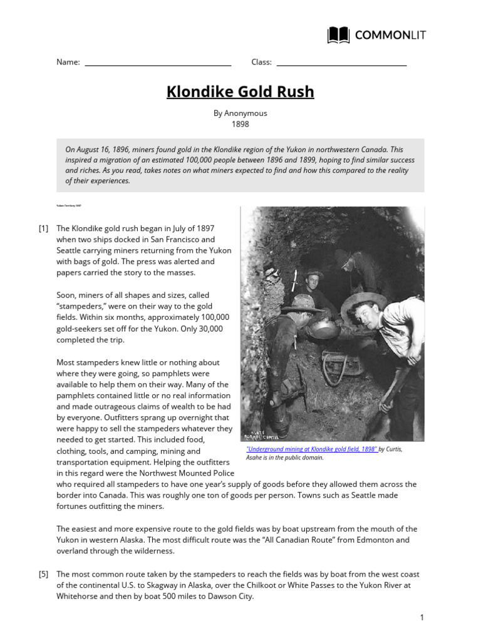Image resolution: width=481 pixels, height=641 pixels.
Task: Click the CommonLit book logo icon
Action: tap(339, 35)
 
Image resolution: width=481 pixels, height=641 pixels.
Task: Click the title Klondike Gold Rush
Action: tap(240, 93)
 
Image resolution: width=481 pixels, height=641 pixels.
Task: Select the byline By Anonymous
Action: tap(240, 113)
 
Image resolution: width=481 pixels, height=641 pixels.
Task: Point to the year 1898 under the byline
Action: tap(240, 124)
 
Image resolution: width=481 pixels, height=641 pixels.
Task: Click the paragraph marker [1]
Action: tap(43, 228)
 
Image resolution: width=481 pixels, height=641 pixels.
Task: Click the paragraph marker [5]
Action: tap(43, 574)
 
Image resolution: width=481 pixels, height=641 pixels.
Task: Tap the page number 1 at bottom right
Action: tap(422, 618)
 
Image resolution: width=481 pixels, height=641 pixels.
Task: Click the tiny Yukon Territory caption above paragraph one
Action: tap(69, 205)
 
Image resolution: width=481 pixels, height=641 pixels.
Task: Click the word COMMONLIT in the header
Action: tap(390, 35)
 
